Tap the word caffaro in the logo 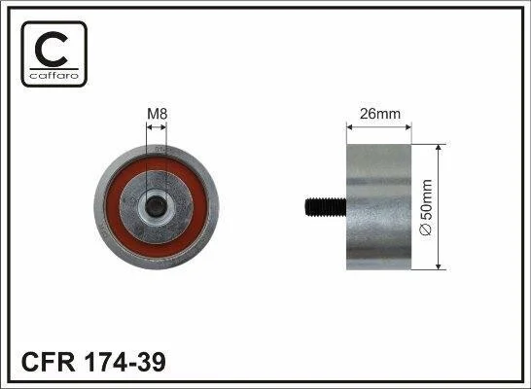click(x=54, y=75)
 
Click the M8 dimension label click(x=158, y=114)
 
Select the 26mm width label click(x=380, y=114)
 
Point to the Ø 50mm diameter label click(x=426, y=207)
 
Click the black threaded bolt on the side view click(x=326, y=207)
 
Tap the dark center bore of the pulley click(x=157, y=206)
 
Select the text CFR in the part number click(x=48, y=362)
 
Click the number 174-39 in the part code click(x=124, y=362)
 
